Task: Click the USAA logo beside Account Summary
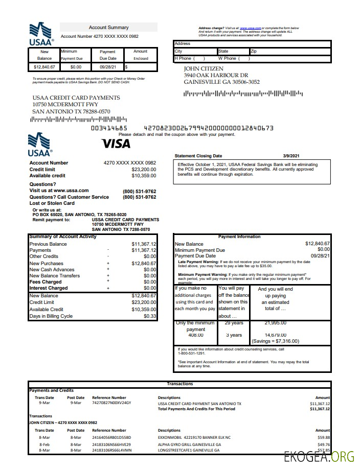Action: click(x=40, y=34)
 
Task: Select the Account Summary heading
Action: click(x=108, y=28)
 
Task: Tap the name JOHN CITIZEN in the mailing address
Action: click(x=204, y=68)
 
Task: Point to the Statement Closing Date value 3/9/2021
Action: click(x=291, y=156)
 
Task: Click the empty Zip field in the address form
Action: click(x=290, y=52)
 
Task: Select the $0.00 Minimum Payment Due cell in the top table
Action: click(x=76, y=67)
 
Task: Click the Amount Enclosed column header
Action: click(x=141, y=55)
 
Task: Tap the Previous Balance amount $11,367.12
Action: click(x=144, y=244)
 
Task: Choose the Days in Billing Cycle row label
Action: click(x=52, y=316)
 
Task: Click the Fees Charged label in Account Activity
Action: click(x=46, y=282)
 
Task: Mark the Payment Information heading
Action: click(x=239, y=237)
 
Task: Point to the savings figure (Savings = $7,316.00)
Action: click(x=275, y=341)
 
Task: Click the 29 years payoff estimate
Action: click(x=234, y=323)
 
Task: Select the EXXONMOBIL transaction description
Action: click(x=194, y=437)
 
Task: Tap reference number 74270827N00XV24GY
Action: click(x=111, y=403)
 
